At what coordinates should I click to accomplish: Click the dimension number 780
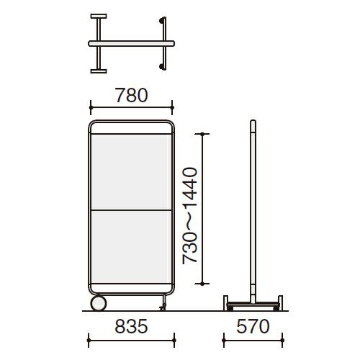coord(131,95)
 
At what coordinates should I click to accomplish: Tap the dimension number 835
coord(131,326)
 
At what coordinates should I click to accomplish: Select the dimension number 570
coord(253,326)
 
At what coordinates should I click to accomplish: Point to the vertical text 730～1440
coord(190,216)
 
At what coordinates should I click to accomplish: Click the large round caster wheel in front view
coord(99,303)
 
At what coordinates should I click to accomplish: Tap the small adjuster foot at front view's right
coord(163,302)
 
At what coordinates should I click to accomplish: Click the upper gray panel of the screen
coord(131,172)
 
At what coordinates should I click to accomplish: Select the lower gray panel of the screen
coord(131,247)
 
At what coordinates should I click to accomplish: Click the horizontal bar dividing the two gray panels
coord(131,210)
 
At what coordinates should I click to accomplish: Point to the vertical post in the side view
coord(253,211)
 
